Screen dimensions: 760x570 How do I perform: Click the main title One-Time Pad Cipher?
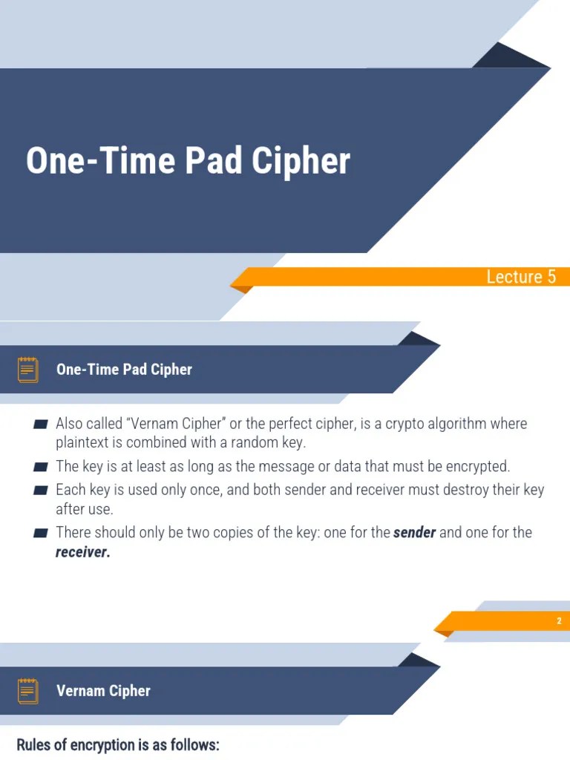coord(188,161)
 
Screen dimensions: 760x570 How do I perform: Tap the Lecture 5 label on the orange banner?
coord(520,277)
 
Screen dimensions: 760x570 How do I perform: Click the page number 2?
coord(559,621)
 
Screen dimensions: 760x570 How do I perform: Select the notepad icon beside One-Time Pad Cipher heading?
coord(28,370)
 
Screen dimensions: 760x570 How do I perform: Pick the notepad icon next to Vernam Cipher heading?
coord(28,691)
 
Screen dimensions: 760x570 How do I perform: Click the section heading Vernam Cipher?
coord(103,691)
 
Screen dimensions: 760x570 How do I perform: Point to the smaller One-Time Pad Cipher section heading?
coord(124,370)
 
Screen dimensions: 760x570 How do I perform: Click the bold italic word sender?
coord(414,532)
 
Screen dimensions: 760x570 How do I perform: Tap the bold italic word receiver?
coord(82,552)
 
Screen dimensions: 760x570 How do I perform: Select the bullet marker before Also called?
coord(41,425)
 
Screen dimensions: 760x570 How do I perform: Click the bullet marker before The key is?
coord(41,467)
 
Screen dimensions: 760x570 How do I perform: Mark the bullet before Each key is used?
coord(41,491)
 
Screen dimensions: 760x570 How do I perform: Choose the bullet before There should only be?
coord(41,533)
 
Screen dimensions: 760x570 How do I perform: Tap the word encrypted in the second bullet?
coord(476,467)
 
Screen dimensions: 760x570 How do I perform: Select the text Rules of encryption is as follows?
coord(118,744)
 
